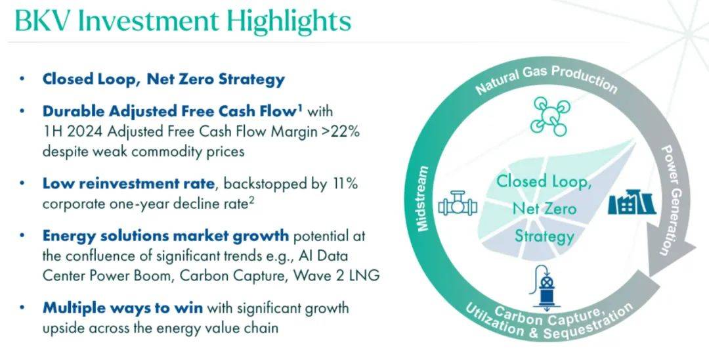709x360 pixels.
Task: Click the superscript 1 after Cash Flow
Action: click(300, 107)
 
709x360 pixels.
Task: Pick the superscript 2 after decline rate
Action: click(252, 200)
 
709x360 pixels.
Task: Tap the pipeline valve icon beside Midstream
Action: click(458, 204)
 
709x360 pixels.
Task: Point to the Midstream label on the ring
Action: click(422, 199)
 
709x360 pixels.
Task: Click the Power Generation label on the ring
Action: click(672, 199)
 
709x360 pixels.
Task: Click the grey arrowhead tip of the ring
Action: click(649, 276)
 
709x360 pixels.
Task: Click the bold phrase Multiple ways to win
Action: click(123, 308)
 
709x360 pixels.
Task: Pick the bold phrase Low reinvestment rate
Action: click(129, 184)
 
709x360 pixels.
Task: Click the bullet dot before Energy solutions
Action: click(22, 236)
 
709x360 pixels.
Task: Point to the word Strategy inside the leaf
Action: click(544, 236)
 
